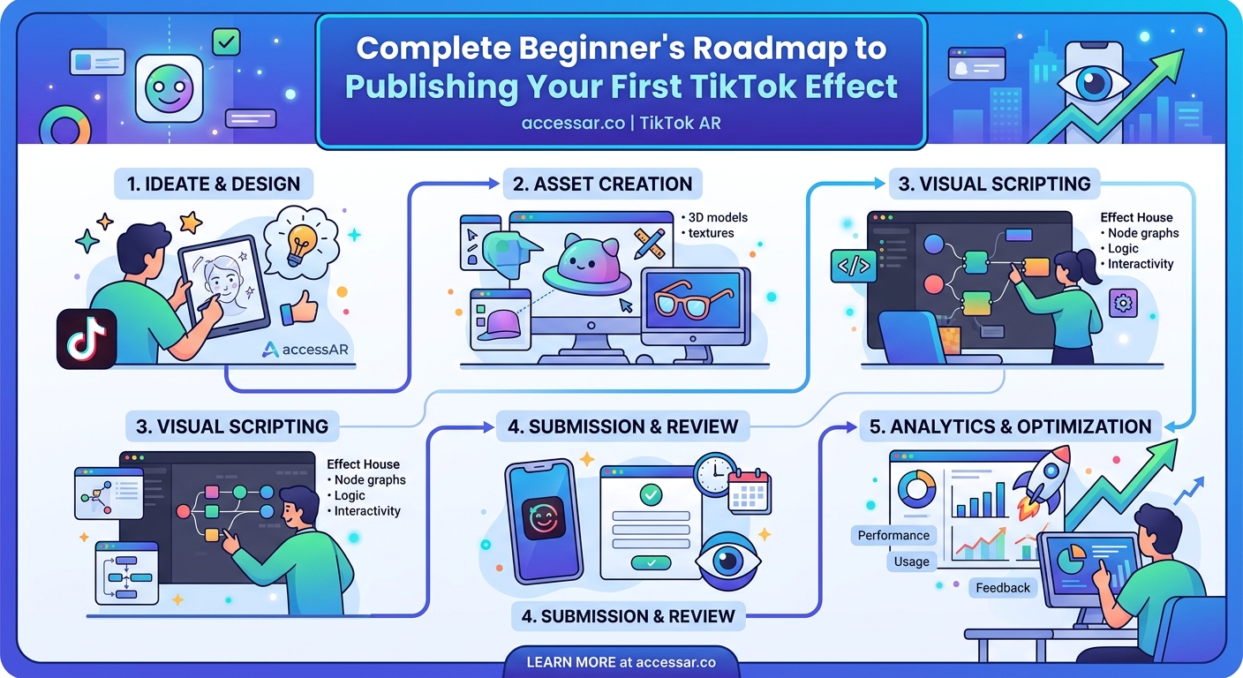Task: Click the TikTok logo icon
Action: coord(87,339)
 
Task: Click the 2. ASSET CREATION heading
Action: coord(603,185)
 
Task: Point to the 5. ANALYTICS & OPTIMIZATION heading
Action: coord(1010,426)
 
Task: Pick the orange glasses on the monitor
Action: coord(693,302)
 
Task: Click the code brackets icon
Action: coord(852,266)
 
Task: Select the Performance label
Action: coord(893,535)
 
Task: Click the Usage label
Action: coord(911,561)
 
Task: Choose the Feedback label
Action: coord(1003,588)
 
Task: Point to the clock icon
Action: coord(714,475)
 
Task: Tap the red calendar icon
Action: coord(750,491)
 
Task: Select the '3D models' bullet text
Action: coord(715,217)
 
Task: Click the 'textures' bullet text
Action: coord(712,233)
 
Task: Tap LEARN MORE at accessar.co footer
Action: coord(621,661)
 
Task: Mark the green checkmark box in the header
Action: coord(227,41)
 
